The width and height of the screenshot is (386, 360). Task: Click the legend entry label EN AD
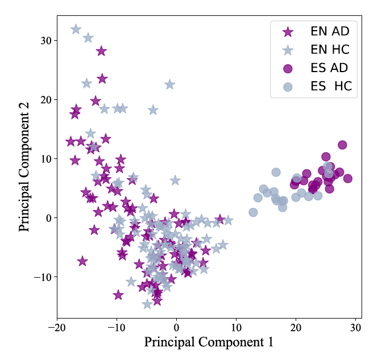(330, 31)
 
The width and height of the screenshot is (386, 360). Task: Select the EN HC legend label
(330, 49)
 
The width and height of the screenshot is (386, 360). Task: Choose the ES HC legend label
(331, 86)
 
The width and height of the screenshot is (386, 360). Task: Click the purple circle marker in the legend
(288, 68)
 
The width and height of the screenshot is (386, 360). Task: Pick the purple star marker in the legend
(288, 31)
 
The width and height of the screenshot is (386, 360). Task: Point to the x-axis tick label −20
(57, 328)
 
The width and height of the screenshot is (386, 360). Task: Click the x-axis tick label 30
(355, 328)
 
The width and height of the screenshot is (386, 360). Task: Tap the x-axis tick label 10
(236, 328)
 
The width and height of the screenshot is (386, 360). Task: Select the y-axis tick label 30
(45, 41)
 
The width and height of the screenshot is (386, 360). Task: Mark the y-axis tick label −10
(42, 277)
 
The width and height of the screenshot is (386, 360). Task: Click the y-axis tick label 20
(45, 100)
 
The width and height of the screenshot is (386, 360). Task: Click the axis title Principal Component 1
(209, 342)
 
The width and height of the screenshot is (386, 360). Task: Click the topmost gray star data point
(76, 29)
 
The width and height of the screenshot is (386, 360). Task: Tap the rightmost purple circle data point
(347, 178)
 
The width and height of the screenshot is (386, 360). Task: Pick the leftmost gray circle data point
(253, 212)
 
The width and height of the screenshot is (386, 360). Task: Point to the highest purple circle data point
(342, 145)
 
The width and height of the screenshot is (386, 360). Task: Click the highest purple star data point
(101, 51)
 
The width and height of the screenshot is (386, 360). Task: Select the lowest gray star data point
(147, 304)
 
